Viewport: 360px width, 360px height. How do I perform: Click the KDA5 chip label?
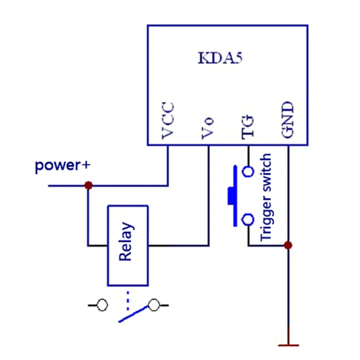(x=220, y=58)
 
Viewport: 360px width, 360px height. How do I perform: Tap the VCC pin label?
(x=168, y=121)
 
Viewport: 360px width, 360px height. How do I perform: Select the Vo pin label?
(x=208, y=128)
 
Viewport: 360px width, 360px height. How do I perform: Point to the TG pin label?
(x=248, y=127)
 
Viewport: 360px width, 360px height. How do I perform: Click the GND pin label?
(x=288, y=120)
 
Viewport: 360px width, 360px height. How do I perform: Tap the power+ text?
(x=63, y=166)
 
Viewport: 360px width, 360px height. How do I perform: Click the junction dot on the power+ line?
(x=89, y=185)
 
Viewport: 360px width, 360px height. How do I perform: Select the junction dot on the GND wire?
(x=288, y=245)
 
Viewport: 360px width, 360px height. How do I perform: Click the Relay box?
(x=128, y=246)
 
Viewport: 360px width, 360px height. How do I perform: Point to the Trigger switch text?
(x=266, y=198)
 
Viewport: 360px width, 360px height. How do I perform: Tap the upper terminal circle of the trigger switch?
(x=248, y=171)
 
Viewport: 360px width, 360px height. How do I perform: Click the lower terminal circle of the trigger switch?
(x=248, y=219)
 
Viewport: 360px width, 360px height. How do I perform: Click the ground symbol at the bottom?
(x=288, y=345)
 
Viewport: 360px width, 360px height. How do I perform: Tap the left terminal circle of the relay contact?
(x=102, y=305)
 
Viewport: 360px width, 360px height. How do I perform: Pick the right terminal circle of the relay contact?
(x=153, y=305)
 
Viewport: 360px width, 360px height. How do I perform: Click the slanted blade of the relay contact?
(x=133, y=314)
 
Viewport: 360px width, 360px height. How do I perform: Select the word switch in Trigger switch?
(x=266, y=171)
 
